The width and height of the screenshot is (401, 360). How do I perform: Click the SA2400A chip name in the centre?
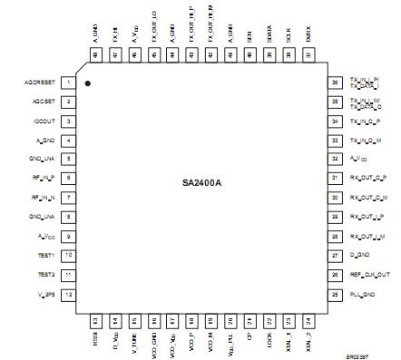(200, 183)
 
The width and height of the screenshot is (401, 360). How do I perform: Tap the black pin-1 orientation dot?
(88, 83)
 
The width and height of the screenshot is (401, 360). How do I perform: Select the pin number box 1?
(69, 82)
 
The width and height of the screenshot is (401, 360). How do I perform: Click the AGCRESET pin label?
(40, 82)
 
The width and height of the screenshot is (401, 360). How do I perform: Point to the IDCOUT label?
(44, 121)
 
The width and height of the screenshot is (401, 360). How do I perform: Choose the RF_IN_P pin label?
(42, 179)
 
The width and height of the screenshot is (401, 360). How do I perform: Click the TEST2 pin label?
(45, 275)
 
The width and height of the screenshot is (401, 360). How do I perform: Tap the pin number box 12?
(69, 295)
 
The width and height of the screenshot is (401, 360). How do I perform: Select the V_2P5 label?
(44, 295)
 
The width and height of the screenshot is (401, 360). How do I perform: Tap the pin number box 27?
(336, 256)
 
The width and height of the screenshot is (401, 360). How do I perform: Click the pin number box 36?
(336, 82)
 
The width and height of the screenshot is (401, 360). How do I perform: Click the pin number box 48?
(96, 57)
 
